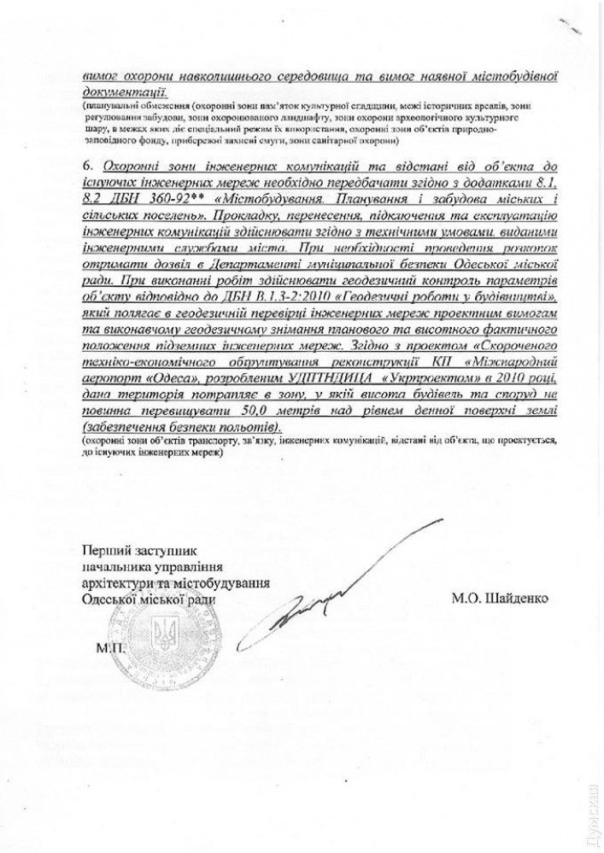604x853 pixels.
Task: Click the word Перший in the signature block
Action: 103,550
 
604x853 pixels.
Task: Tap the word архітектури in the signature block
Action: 116,583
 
